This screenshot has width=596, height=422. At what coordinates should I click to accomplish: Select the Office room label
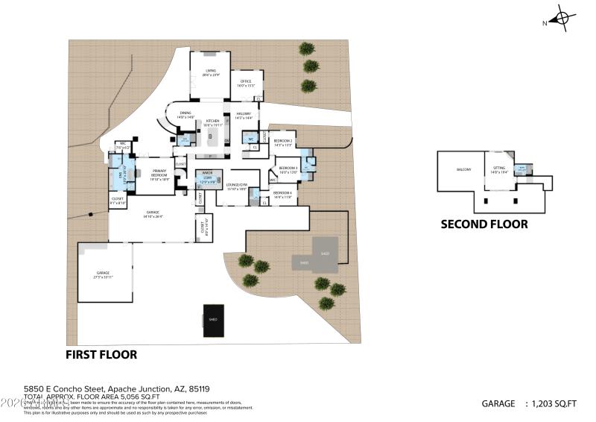246,84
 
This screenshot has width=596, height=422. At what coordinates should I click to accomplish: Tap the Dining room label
186,115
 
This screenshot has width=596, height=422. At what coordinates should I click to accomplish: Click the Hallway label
244,116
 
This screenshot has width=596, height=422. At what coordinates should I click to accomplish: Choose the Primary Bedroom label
159,174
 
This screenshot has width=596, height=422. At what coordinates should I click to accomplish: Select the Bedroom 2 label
282,142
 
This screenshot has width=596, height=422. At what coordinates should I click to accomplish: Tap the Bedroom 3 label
288,171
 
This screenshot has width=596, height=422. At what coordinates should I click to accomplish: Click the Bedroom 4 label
282,195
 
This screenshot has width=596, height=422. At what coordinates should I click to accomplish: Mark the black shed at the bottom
214,321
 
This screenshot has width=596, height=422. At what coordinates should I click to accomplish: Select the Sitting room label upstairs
499,170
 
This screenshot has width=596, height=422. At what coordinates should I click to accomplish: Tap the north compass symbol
562,18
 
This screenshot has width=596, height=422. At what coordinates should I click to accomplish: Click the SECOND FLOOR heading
484,224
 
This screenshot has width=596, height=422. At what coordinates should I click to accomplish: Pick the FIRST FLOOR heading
101,355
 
